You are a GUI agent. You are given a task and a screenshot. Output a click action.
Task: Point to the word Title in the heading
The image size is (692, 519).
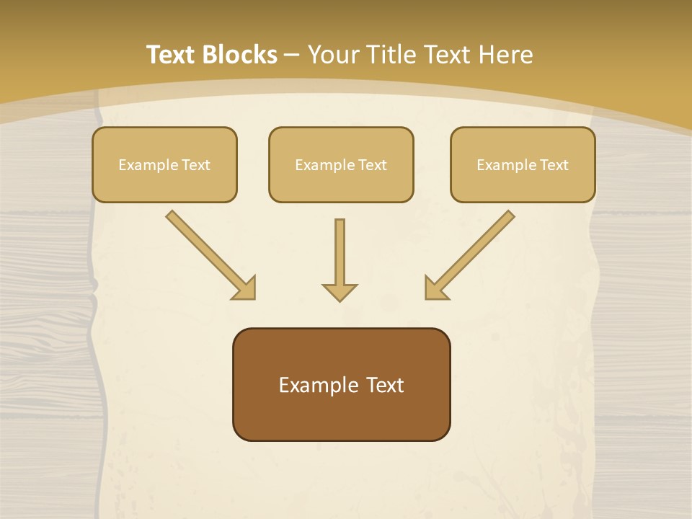pyautogui.click(x=394, y=55)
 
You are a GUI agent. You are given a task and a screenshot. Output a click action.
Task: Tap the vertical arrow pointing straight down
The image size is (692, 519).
pyautogui.click(x=340, y=252)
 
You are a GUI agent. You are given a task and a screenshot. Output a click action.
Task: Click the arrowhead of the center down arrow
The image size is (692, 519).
pyautogui.click(x=340, y=292)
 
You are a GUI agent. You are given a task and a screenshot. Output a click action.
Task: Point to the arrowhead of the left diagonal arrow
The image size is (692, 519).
pyautogui.click(x=245, y=288)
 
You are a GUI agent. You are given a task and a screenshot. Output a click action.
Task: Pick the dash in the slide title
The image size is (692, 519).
pyautogui.click(x=292, y=55)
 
